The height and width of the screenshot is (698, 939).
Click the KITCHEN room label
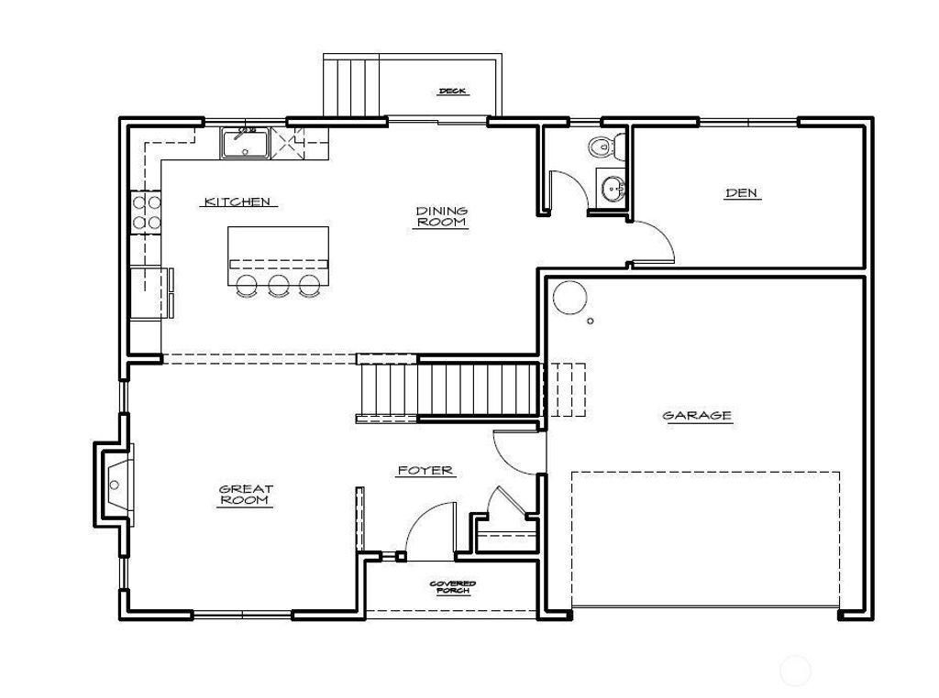(x=238, y=202)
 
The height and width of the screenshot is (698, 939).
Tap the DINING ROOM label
(x=441, y=216)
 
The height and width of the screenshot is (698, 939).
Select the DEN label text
(x=741, y=192)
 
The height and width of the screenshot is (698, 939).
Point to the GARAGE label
(x=697, y=415)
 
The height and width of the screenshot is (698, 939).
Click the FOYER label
(x=425, y=471)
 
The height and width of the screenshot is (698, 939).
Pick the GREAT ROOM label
(x=246, y=495)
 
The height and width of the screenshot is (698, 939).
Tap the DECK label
(x=453, y=92)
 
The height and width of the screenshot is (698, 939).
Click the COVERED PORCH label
(x=453, y=587)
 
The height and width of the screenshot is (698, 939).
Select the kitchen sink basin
(x=246, y=144)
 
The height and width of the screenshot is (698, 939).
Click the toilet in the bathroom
(x=606, y=147)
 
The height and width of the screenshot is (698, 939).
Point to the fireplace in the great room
(x=114, y=485)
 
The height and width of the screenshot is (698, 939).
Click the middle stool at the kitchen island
(x=278, y=285)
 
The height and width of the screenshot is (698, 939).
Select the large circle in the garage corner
(x=569, y=298)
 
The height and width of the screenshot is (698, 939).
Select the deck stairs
(x=351, y=86)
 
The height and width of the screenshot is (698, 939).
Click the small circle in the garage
(x=590, y=322)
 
